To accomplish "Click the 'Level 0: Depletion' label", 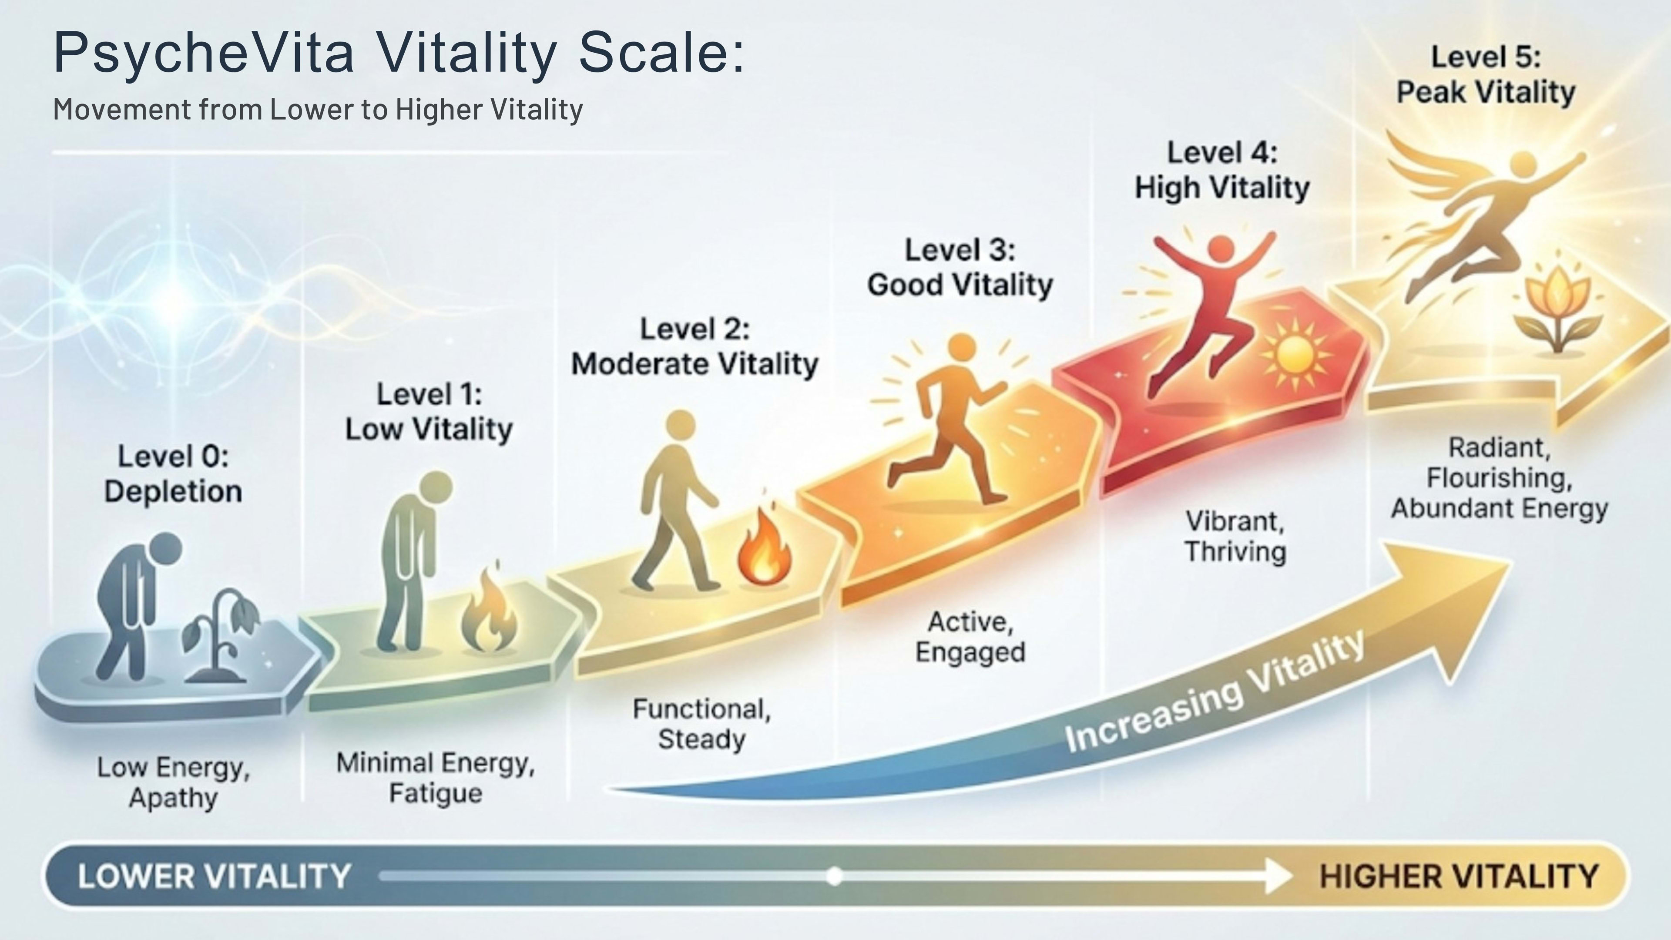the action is click(x=173, y=474).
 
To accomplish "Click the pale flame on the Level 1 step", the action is click(x=489, y=609).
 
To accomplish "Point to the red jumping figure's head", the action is click(x=1221, y=249).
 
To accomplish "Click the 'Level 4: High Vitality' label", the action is click(x=1222, y=171).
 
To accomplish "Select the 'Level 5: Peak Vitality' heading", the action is click(x=1486, y=74).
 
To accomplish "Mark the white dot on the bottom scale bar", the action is click(x=835, y=876).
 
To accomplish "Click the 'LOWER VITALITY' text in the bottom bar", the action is click(x=214, y=876).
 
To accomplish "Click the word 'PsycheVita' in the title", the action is click(x=204, y=53).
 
